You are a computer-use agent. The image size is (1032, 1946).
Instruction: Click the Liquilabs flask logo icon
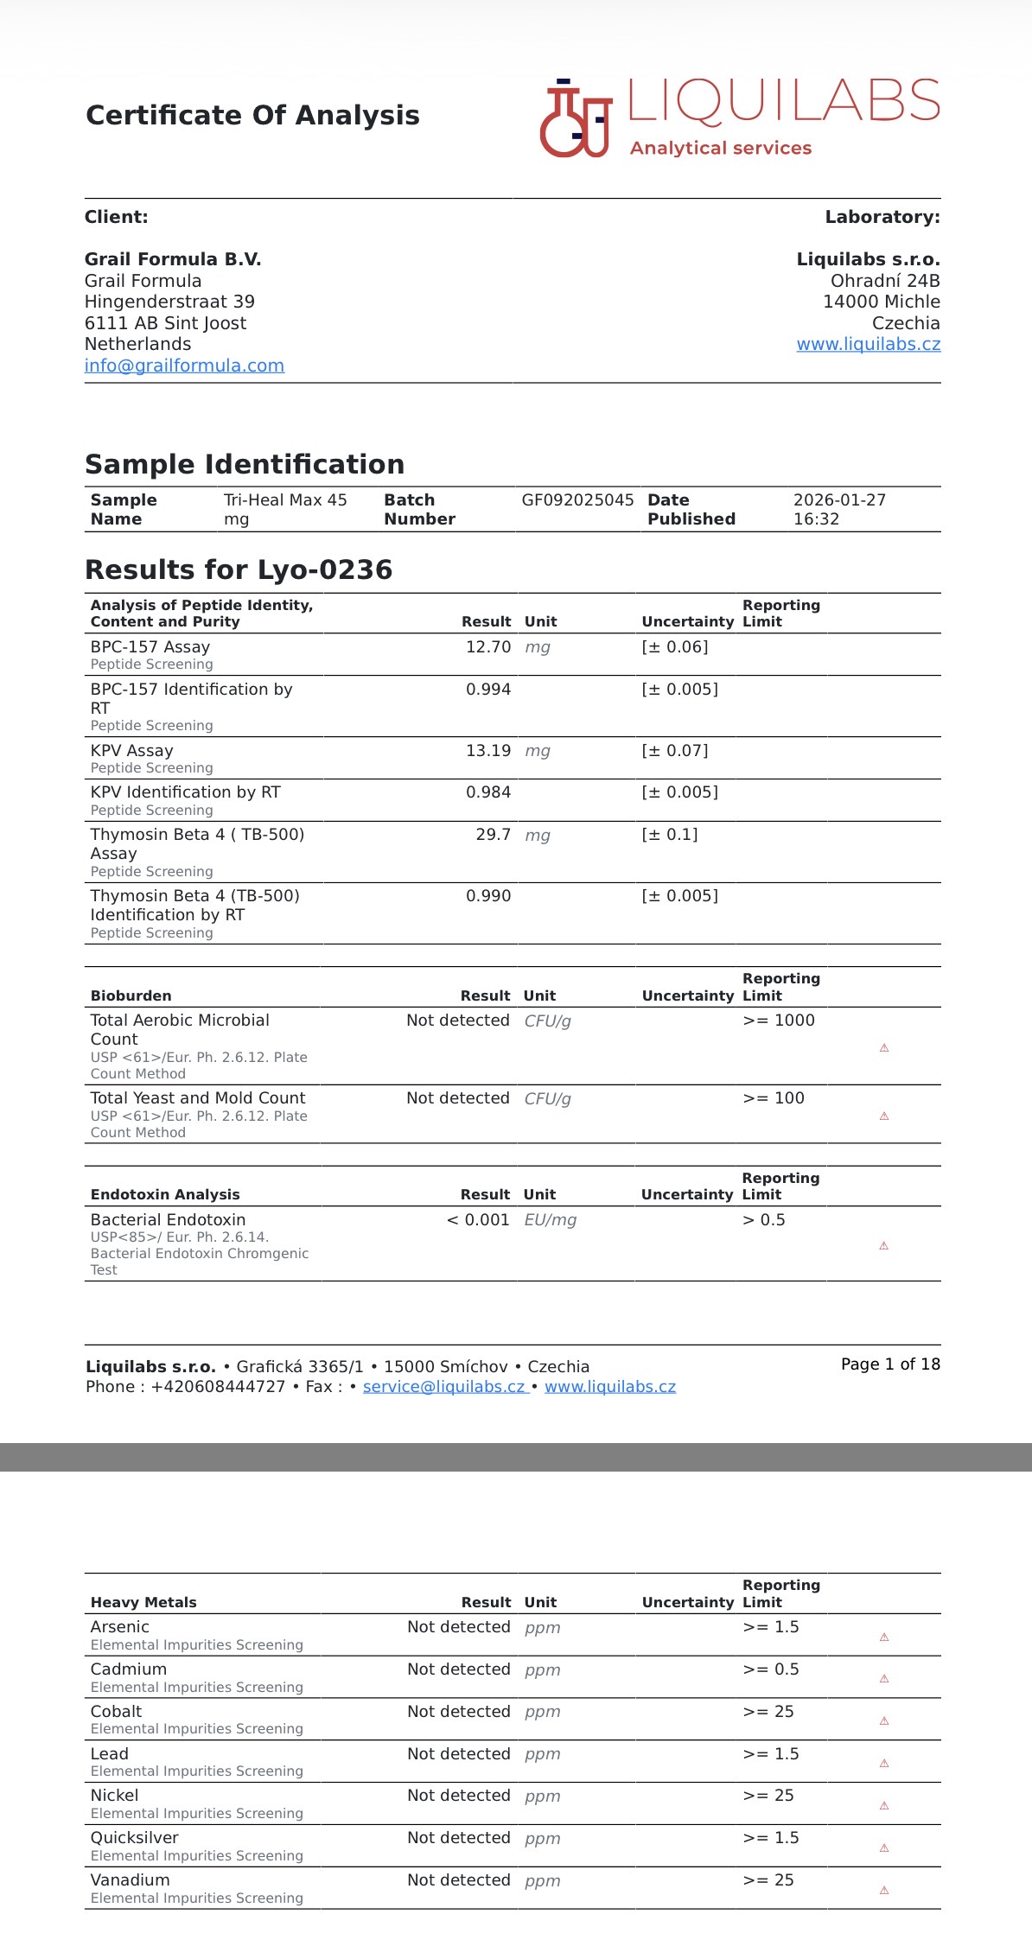coord(576,119)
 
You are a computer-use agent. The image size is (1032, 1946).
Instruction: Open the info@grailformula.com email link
coord(184,366)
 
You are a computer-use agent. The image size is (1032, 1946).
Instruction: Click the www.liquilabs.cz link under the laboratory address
coord(868,344)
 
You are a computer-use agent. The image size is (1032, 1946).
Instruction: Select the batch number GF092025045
coord(577,500)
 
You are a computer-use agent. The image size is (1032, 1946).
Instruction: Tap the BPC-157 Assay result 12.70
coord(487,647)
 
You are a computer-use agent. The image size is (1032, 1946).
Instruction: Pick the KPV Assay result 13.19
coord(487,751)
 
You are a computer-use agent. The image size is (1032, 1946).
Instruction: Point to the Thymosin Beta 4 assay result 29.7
coord(493,835)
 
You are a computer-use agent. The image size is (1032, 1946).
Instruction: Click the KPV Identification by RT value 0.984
coord(487,792)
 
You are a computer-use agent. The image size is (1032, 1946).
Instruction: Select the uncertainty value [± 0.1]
coord(670,835)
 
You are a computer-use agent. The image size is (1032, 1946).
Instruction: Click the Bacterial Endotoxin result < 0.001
coord(478,1220)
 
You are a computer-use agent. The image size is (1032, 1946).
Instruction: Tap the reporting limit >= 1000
coord(779,1021)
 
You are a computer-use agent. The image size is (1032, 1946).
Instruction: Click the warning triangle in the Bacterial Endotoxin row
coord(883,1245)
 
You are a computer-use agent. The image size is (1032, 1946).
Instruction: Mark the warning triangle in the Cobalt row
coord(883,1720)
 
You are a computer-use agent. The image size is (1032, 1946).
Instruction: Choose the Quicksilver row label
coord(135,1838)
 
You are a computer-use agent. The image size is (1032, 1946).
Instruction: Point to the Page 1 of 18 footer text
coord(890,1364)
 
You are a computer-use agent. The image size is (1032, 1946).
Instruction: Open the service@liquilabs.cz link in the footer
coord(444,1387)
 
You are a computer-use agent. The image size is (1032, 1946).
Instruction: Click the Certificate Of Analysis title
coord(252,115)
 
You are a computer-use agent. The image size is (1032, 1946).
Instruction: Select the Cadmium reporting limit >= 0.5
coord(771,1669)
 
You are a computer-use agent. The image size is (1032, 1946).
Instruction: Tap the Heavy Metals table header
coord(143,1602)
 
